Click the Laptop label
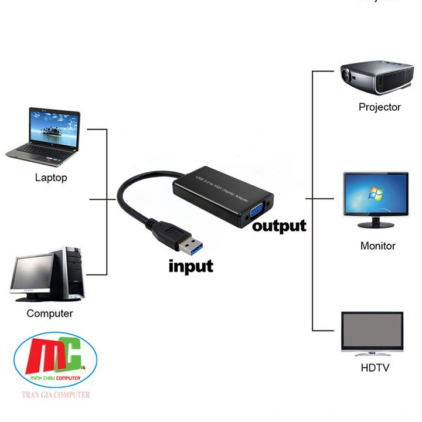(x=51, y=178)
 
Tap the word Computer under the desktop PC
(x=50, y=314)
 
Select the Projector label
(x=380, y=107)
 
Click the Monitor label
(x=377, y=246)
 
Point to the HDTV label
(x=375, y=368)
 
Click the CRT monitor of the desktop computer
(x=33, y=274)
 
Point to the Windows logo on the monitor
(x=373, y=194)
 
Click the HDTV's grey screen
(x=372, y=332)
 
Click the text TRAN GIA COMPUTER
(x=53, y=395)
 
